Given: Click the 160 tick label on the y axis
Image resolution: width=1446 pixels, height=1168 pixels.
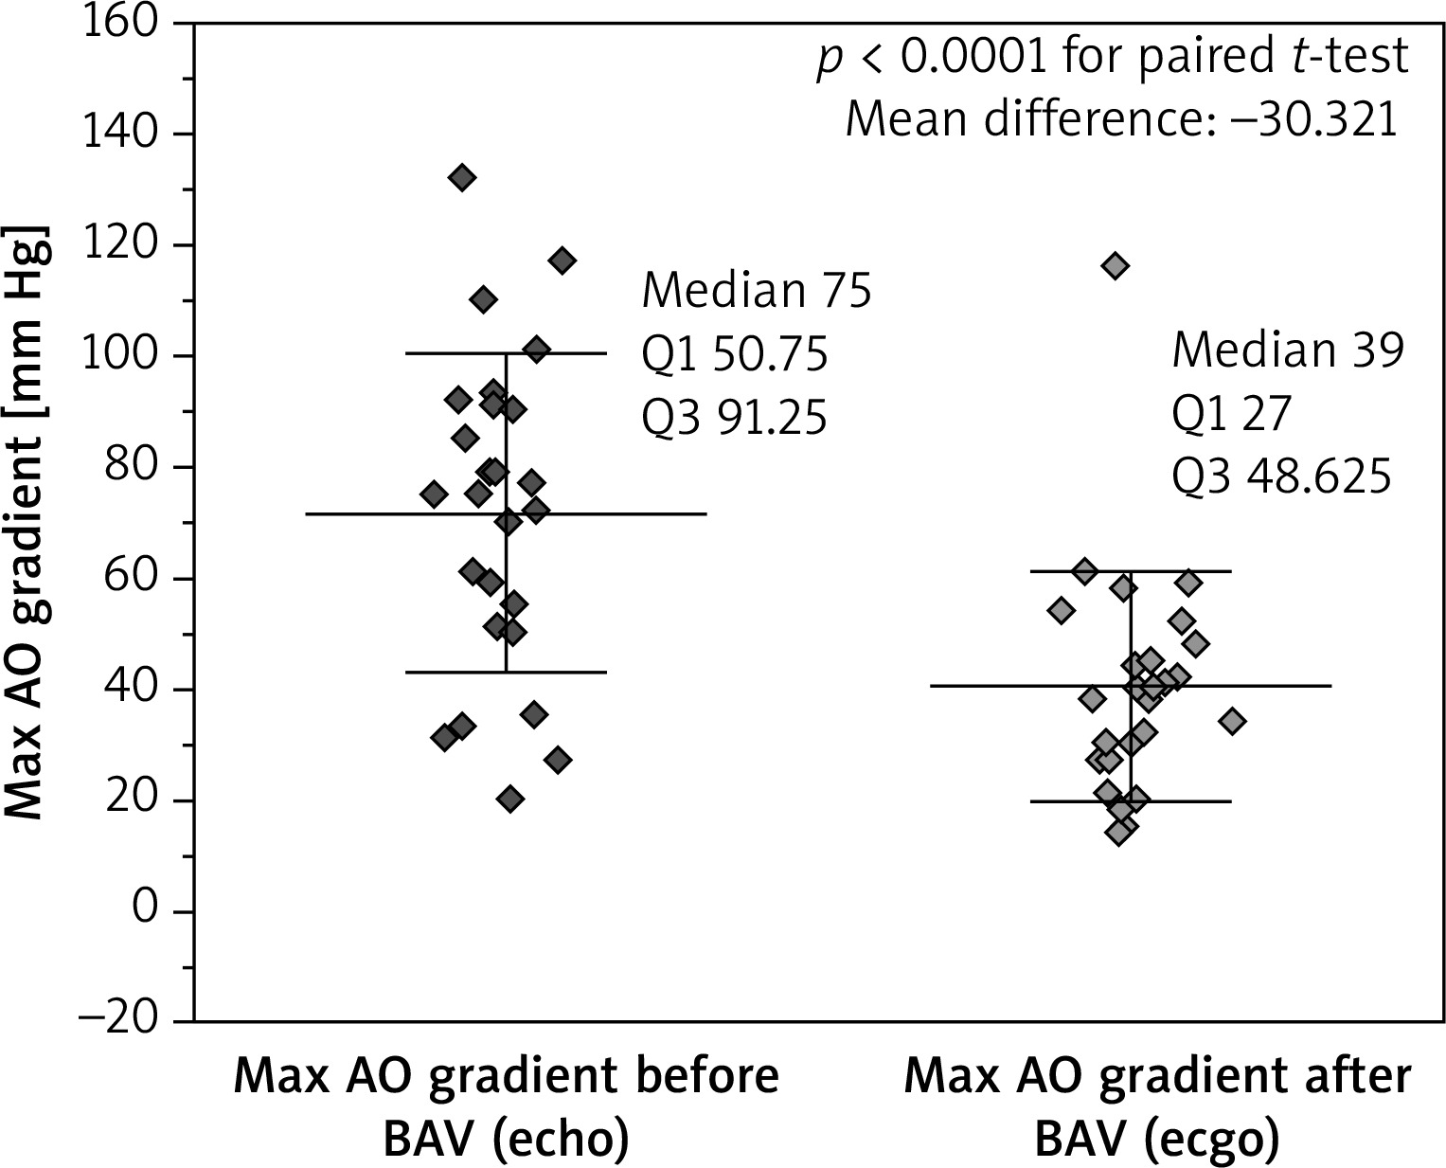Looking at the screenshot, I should pyautogui.click(x=121, y=23).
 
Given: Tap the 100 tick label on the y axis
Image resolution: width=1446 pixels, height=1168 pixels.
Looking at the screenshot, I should pyautogui.click(x=121, y=356).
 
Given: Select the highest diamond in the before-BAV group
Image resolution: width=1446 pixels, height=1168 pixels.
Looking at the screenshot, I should pyautogui.click(x=461, y=177).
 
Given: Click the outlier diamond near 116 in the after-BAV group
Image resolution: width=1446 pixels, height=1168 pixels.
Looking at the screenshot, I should pyautogui.click(x=1116, y=266).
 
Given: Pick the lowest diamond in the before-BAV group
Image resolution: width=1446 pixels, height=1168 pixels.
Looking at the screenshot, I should pyautogui.click(x=510, y=800).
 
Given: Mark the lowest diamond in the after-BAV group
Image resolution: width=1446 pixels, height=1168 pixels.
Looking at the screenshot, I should pyautogui.click(x=1119, y=832).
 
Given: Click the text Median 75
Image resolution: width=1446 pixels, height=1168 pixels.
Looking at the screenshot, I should pyautogui.click(x=756, y=291).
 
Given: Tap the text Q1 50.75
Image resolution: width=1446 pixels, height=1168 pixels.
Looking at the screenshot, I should pyautogui.click(x=735, y=354).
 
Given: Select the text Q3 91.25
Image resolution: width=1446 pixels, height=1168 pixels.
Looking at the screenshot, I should pyautogui.click(x=735, y=418).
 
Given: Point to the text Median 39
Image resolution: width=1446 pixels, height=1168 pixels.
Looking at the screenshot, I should pyautogui.click(x=1287, y=351).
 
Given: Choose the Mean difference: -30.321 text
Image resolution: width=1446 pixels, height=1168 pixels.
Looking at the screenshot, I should pyautogui.click(x=1121, y=120).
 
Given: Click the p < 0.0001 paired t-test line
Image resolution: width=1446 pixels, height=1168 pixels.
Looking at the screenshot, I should pyautogui.click(x=1114, y=58).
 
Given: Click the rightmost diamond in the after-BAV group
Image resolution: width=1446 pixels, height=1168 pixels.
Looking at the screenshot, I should pyautogui.click(x=1232, y=722).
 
